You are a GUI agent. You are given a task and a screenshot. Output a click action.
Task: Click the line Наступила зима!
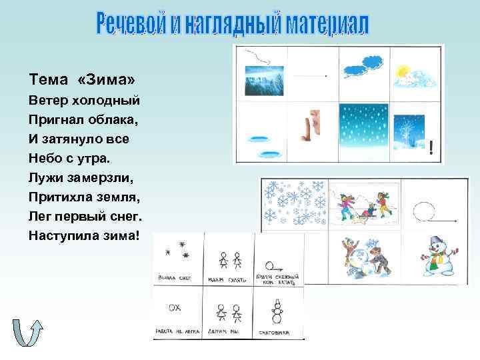(x=84, y=236)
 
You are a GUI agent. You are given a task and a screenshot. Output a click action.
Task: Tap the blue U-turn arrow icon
(x=27, y=333)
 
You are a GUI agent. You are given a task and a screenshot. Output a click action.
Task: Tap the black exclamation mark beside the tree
(x=434, y=149)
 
